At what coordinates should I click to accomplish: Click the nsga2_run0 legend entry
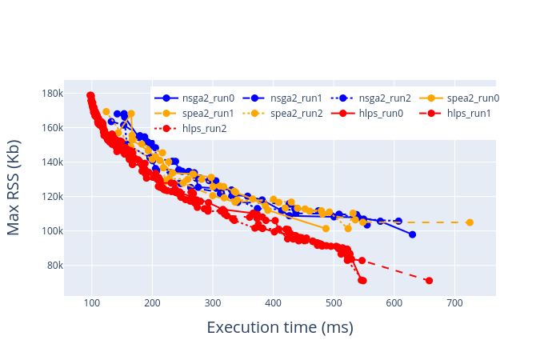point(194,98)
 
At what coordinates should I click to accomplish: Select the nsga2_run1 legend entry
point(282,98)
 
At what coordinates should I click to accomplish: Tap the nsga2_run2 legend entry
point(371,98)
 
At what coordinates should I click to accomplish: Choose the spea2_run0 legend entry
point(459,98)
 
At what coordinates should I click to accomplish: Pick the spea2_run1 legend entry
point(194,114)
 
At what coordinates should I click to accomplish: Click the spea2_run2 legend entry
point(282,114)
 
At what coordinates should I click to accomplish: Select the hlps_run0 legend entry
point(367,114)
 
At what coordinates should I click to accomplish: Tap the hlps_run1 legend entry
point(455,114)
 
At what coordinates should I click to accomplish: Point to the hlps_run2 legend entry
point(190,129)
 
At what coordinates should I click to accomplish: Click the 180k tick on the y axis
point(53,94)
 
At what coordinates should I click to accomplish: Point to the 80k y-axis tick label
point(55,266)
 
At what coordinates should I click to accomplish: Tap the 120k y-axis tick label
point(53,197)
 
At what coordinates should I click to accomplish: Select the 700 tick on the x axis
point(454,303)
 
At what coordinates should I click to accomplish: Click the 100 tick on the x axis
point(92,303)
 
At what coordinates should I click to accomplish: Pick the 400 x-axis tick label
point(274,303)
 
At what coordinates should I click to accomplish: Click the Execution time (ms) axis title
point(280,327)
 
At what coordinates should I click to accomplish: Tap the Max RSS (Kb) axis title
point(14,188)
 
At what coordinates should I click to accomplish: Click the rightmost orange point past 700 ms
point(470,222)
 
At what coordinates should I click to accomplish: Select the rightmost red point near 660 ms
point(430,281)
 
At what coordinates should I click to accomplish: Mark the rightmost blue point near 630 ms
point(413,234)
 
